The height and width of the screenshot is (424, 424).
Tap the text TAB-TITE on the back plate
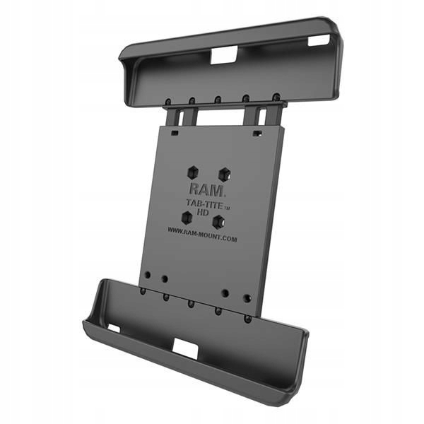201,201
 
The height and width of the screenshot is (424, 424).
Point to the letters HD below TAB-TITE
201,211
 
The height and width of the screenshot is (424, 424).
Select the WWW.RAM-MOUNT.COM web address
202,238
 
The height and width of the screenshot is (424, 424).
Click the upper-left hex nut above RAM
192,172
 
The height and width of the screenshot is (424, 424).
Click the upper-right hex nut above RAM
224,172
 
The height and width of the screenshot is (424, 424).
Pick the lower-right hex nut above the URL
218,222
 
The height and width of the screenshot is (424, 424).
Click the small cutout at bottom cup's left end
113,328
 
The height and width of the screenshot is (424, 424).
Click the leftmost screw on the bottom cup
142,290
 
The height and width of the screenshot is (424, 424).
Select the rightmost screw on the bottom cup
247,318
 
